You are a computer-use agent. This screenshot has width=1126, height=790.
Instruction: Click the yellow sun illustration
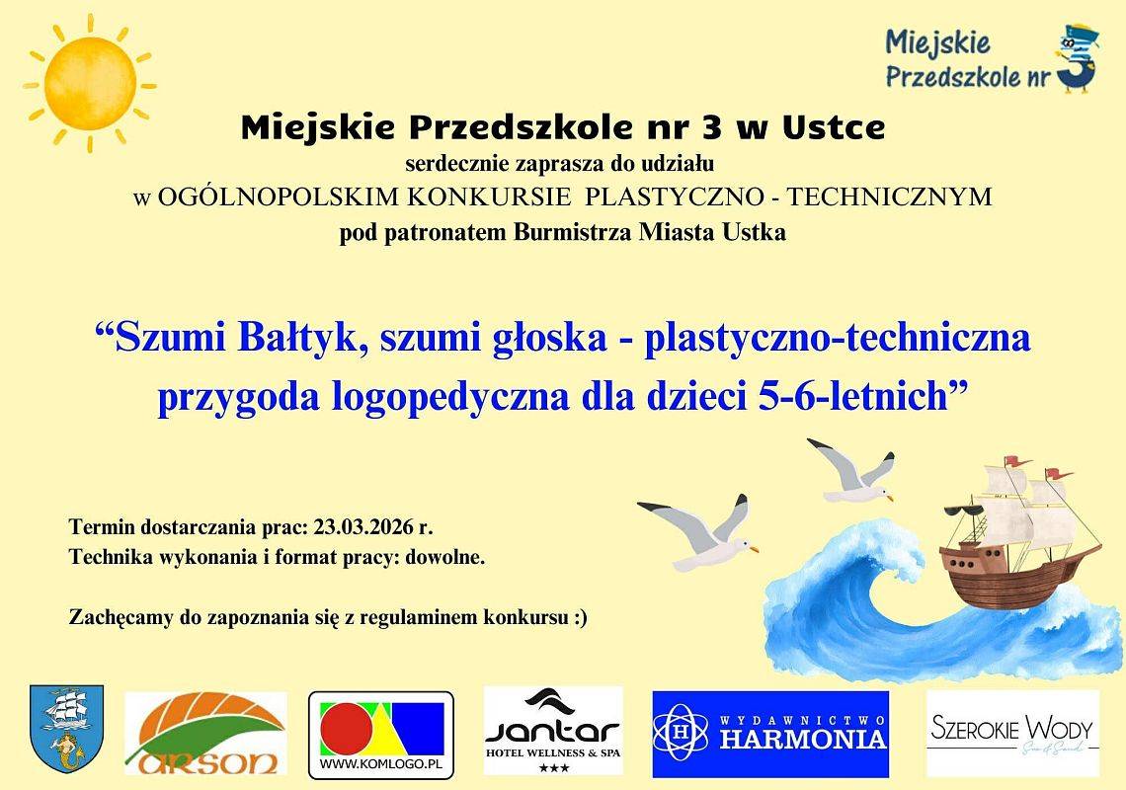pyautogui.click(x=89, y=83)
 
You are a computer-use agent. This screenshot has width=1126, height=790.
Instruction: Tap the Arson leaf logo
pyautogui.click(x=205, y=733)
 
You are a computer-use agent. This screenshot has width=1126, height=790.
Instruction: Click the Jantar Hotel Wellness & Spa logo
pyautogui.click(x=553, y=731)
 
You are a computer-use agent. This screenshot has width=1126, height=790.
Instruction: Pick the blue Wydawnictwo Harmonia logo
pyautogui.click(x=770, y=734)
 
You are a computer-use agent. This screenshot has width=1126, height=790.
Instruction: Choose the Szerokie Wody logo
pyautogui.click(x=1012, y=734)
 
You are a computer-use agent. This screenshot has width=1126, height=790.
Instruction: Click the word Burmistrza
pyautogui.click(x=576, y=234)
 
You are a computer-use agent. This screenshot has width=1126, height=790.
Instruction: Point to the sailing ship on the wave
pyautogui.click(x=1017, y=538)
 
